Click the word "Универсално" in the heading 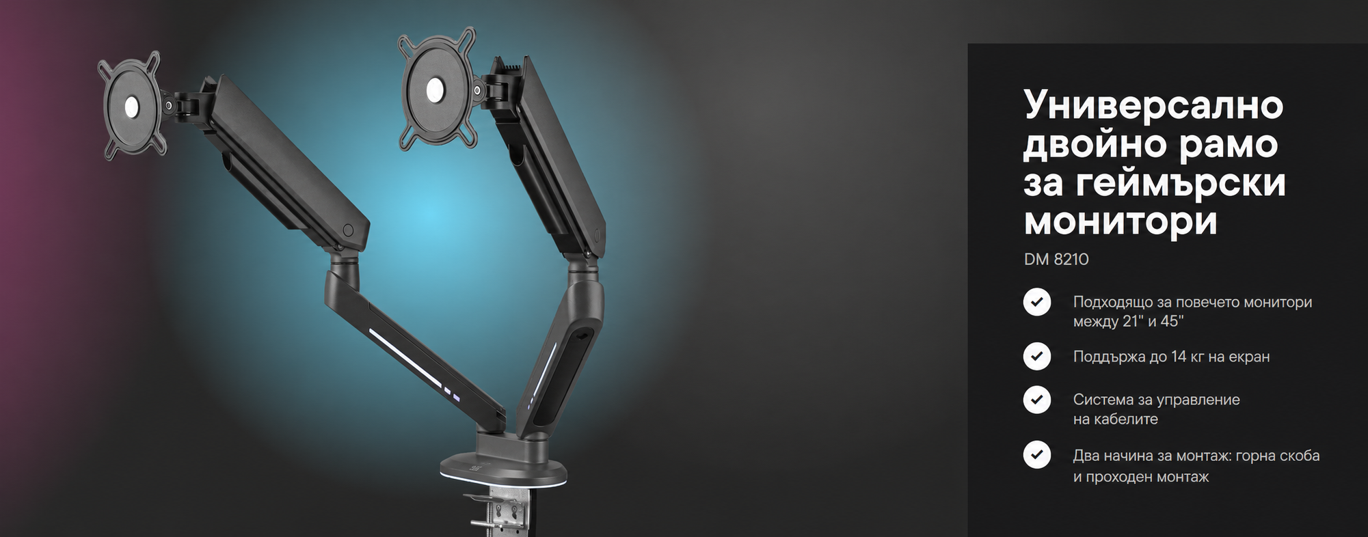(x=1153, y=105)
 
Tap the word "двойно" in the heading (x=1096, y=146)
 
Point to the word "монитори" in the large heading (x=1121, y=222)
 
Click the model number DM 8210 (x=1056, y=260)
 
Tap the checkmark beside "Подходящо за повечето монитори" (x=1037, y=301)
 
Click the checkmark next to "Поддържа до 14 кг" (x=1037, y=356)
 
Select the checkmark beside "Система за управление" (x=1037, y=399)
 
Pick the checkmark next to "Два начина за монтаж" (x=1037, y=454)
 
